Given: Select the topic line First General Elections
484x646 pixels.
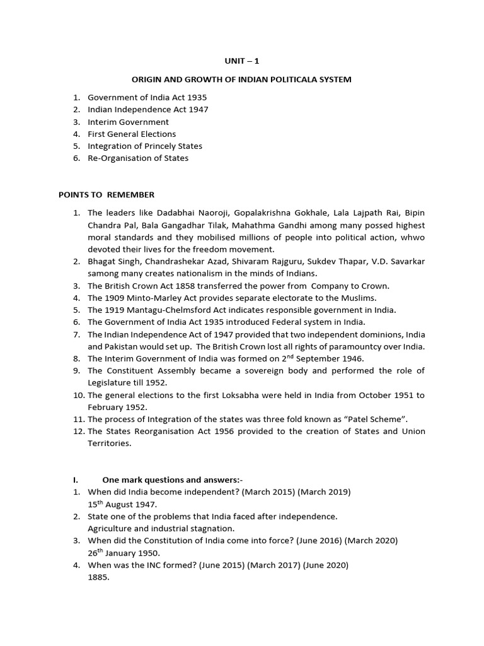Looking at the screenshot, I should (x=132, y=134).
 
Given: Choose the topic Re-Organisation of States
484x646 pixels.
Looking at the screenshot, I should (x=138, y=158).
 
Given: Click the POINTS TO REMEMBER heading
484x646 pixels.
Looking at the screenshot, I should (x=107, y=194).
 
